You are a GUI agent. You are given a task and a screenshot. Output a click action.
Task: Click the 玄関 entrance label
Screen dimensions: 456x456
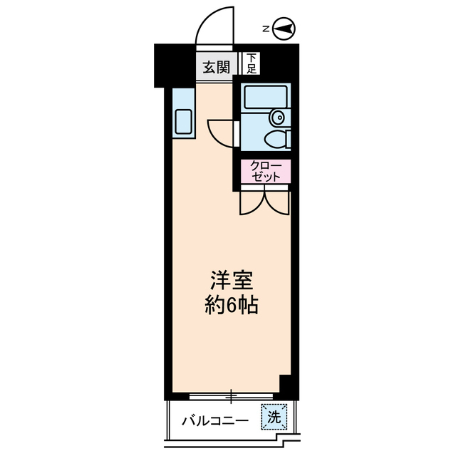(215, 68)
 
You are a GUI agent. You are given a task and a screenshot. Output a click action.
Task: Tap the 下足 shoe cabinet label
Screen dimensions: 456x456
(251, 65)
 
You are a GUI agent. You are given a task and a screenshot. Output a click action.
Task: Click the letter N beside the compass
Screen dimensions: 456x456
(265, 29)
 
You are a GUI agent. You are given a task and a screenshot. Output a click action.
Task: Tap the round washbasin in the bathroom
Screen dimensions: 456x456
(277, 117)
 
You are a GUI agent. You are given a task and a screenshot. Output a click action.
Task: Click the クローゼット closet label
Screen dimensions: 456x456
(266, 172)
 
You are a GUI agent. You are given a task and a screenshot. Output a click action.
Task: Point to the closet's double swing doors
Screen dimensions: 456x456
(265, 202)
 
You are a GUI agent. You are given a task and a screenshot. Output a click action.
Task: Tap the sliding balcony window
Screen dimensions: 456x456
(232, 394)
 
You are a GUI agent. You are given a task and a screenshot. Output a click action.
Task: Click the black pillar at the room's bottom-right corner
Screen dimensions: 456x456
(288, 385)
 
